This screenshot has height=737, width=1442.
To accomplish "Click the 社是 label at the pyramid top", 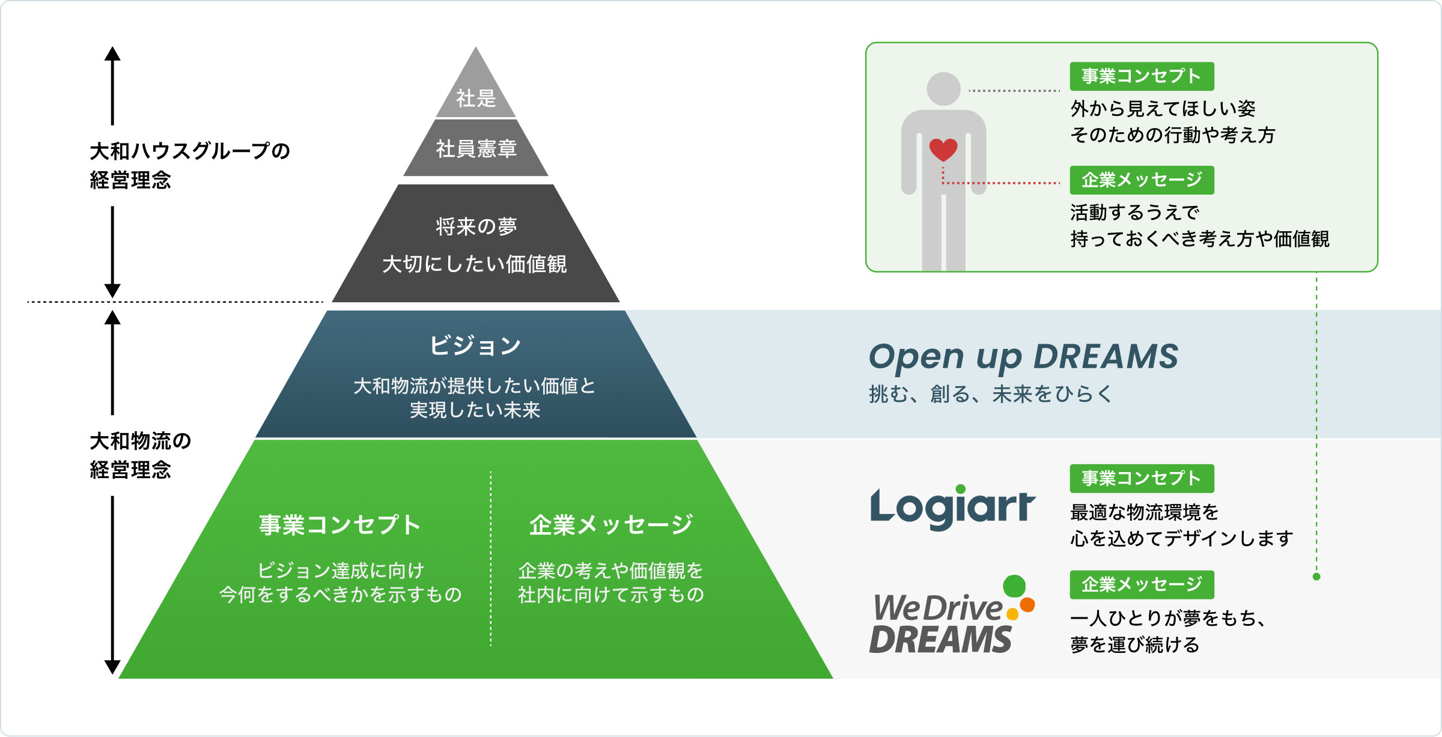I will click(x=476, y=98).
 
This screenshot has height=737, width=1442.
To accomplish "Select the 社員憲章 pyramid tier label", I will click(x=476, y=148).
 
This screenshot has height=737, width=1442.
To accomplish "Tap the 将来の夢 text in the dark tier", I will click(x=476, y=226).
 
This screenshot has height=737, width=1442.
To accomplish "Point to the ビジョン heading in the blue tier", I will click(x=475, y=345).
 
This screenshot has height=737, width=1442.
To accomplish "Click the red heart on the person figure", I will click(x=943, y=150).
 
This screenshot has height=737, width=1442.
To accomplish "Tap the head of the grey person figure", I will click(x=943, y=89).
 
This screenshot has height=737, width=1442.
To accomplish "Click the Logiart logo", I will click(x=953, y=508).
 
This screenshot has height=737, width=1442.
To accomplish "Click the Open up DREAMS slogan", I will click(x=1023, y=356).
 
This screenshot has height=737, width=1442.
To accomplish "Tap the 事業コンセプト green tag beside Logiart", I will click(x=1142, y=478).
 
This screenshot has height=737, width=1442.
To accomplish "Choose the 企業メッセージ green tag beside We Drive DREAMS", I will click(x=1142, y=584).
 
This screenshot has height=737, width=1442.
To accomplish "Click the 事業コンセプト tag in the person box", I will click(x=1142, y=76).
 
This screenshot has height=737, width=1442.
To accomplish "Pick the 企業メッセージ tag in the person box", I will click(x=1142, y=180).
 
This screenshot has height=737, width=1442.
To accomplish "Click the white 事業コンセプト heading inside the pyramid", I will click(x=340, y=525).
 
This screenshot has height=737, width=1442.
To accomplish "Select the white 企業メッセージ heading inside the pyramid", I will click(x=611, y=525).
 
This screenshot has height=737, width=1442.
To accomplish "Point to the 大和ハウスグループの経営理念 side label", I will click(x=190, y=165).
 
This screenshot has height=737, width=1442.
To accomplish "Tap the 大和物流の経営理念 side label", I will click(x=141, y=455).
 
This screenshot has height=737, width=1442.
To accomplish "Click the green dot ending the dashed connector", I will click(x=1316, y=577).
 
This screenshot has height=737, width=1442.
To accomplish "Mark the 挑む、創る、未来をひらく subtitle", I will click(x=991, y=394).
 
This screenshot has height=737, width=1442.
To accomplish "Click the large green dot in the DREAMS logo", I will click(x=1014, y=586).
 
